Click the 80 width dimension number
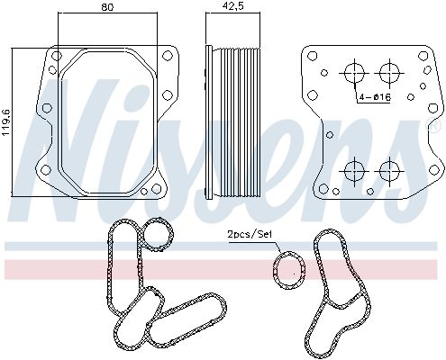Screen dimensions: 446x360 (x=107, y=7)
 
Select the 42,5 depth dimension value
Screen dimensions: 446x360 (x=232, y=7)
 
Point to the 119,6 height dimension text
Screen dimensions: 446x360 (x=6, y=123)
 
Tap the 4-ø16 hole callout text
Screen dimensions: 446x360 (x=375, y=97)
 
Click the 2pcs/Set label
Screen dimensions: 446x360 (x=250, y=234)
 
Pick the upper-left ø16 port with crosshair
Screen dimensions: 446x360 (x=354, y=73)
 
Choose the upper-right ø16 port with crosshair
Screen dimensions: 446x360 (x=389, y=73)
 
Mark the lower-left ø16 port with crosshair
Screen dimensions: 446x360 (x=354, y=172)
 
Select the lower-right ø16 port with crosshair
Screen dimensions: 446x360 (x=389, y=172)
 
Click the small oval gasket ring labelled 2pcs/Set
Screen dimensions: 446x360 (x=275, y=270)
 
